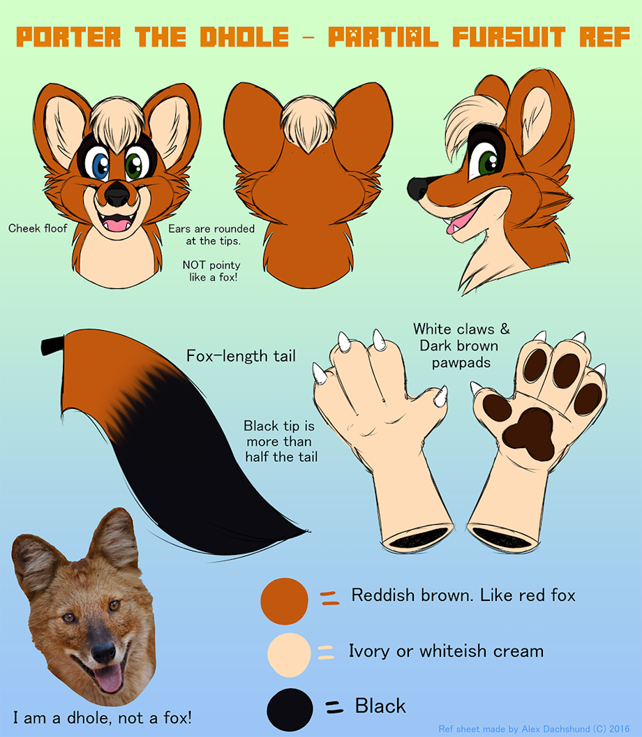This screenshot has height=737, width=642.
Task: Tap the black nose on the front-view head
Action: (117, 193)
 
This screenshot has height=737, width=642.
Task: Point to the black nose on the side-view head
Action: (417, 188)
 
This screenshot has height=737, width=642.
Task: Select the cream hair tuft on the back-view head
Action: (308, 123)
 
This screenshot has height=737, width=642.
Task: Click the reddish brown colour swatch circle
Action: (284, 601)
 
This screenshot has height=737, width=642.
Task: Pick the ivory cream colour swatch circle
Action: (289, 655)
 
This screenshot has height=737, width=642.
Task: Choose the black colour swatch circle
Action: (290, 710)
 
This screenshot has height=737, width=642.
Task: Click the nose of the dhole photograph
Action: (103, 653)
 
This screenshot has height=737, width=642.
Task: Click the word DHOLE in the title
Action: (244, 37)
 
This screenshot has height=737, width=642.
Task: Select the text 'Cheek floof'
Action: (38, 228)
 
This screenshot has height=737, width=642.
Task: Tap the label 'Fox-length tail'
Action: (241, 356)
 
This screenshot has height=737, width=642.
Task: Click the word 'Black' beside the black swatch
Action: (380, 706)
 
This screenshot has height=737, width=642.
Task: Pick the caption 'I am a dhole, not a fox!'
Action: (102, 717)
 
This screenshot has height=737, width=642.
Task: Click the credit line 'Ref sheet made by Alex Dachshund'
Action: (514, 729)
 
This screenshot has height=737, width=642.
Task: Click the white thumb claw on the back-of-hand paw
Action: (440, 396)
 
